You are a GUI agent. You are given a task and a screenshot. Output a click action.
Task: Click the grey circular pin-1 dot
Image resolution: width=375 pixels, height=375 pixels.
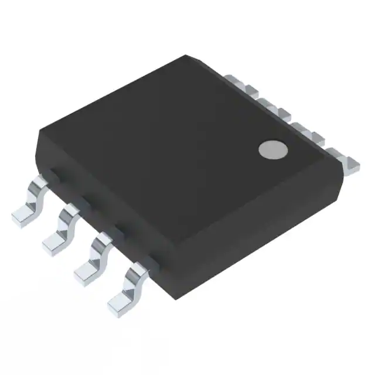[x=274, y=150]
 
